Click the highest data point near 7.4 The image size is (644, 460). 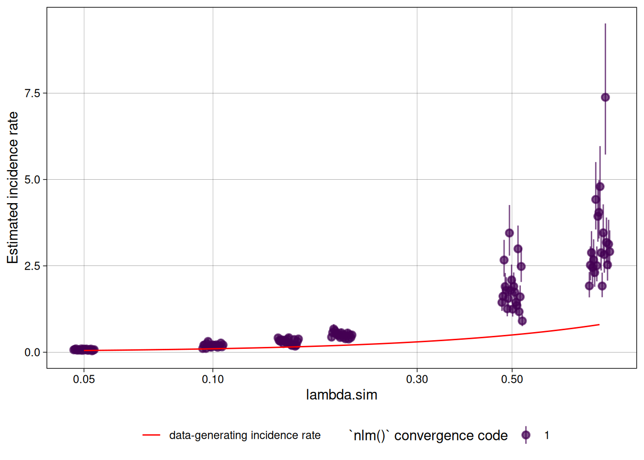(x=605, y=97)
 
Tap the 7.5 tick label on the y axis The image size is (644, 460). (x=32, y=93)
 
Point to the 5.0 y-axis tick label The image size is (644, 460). (x=32, y=180)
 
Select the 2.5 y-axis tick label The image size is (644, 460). (x=32, y=266)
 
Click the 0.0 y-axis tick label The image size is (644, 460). (x=32, y=352)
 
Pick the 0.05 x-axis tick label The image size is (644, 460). (x=84, y=379)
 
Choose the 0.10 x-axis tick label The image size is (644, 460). (x=213, y=379)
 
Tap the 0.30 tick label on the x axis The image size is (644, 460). (x=417, y=379)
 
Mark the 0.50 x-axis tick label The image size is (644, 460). (x=512, y=379)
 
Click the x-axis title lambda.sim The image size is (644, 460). (x=342, y=395)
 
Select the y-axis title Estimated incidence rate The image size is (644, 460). (x=13, y=187)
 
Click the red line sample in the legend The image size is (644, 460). (x=151, y=435)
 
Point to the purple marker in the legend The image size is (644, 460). (x=526, y=435)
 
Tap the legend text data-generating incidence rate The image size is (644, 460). (x=245, y=435)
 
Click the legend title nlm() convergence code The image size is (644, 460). (x=428, y=435)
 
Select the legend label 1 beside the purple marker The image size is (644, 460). (x=547, y=435)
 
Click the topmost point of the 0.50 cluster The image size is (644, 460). (x=509, y=233)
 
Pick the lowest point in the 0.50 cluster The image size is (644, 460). (x=522, y=321)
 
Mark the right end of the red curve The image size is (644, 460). (x=599, y=325)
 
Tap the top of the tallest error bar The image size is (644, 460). (x=605, y=24)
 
